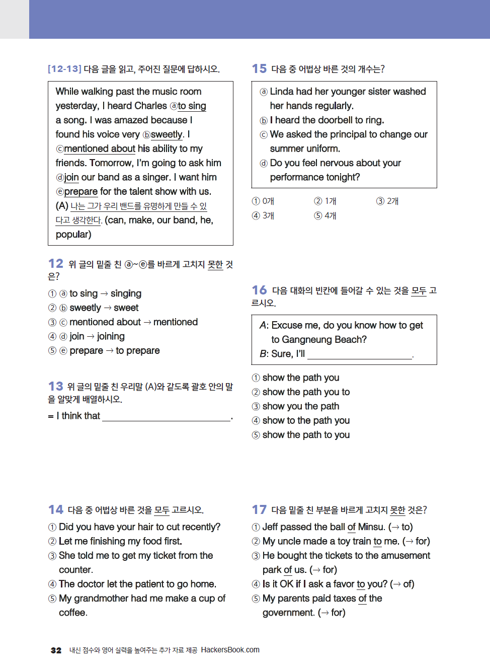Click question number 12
point(55,264)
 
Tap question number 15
point(259,68)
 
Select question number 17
point(259,509)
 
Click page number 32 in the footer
point(56,650)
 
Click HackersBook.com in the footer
point(230,650)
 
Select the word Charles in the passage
point(150,106)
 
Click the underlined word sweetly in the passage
point(167,134)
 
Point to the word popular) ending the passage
point(73,235)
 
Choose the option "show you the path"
point(300,406)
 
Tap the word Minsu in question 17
point(371,527)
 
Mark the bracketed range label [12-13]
point(64,69)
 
